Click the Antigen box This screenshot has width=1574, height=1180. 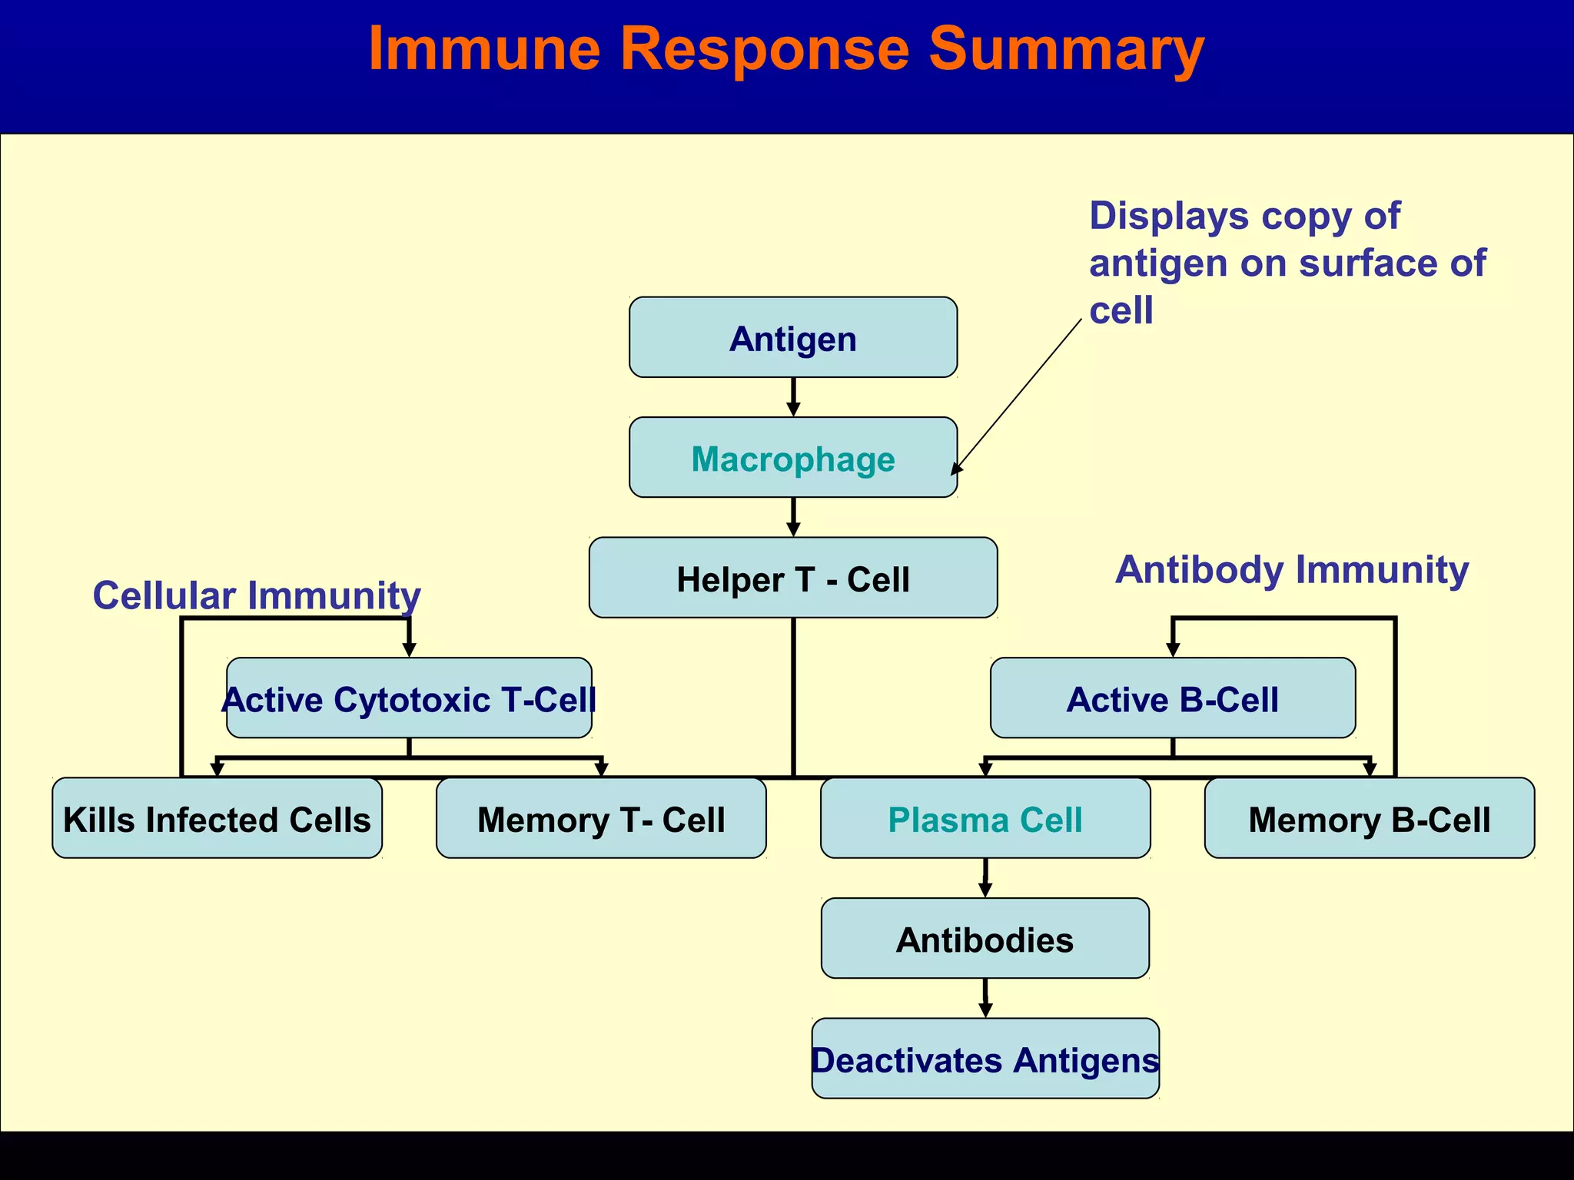[792, 338]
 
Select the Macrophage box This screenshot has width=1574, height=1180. [792, 458]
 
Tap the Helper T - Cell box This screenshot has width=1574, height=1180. [792, 578]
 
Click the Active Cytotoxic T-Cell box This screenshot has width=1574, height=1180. [409, 698]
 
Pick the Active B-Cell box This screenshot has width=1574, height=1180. [1172, 698]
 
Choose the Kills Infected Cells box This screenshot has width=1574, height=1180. [217, 818]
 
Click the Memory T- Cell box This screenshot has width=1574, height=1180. [600, 818]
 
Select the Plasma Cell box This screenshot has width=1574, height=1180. [985, 818]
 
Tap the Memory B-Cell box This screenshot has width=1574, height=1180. [1369, 818]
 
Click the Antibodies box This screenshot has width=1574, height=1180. [985, 938]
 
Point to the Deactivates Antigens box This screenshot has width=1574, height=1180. [985, 1059]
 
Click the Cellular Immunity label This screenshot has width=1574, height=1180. [257, 595]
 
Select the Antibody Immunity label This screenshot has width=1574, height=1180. [1292, 570]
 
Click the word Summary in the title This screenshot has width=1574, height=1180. [1066, 49]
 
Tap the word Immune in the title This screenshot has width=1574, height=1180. [484, 49]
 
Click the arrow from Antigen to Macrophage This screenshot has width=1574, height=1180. [793, 397]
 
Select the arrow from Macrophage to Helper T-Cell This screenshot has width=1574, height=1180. [793, 517]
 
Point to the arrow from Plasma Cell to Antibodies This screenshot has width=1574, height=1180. [985, 877]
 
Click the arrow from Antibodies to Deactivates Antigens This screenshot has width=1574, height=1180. [985, 998]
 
